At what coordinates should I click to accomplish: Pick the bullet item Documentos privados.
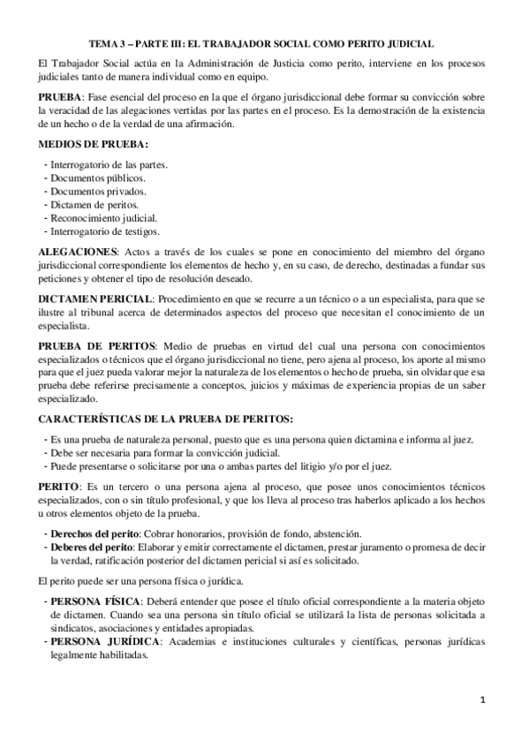[x=99, y=191]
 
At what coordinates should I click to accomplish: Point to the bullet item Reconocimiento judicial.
[x=104, y=217]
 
